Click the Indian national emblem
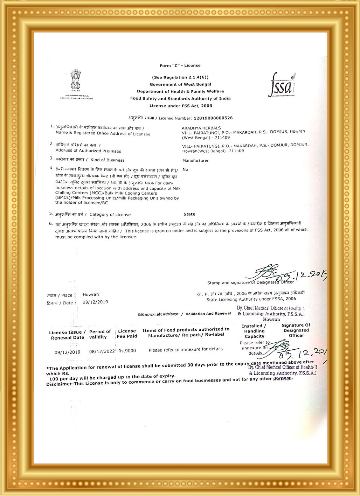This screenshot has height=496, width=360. pos(76,80)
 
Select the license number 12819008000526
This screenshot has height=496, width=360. pos(213,118)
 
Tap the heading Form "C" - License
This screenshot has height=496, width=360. pos(180,65)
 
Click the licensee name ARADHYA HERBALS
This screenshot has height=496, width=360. pos(201,128)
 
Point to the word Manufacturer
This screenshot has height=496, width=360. pos(195,161)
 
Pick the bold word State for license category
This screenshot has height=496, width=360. pos(189,214)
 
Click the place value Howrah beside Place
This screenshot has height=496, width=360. pos(91,295)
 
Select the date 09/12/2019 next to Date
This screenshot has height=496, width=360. pos(95,302)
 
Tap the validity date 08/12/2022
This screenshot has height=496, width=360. pos(102,351)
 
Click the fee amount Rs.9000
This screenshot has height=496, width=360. pos(127,351)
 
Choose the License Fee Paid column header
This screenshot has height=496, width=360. pos(127,334)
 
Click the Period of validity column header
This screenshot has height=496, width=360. pos(100,334)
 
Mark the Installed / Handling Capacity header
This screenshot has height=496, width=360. pos(254,331)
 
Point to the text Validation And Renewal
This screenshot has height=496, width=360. pos(208,314)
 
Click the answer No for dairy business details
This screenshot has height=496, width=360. pos(185,170)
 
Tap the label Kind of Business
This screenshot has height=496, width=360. pos(107,160)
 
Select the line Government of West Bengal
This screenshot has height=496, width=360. pos(180,84)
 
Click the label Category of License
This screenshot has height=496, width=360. pos(110,215)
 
